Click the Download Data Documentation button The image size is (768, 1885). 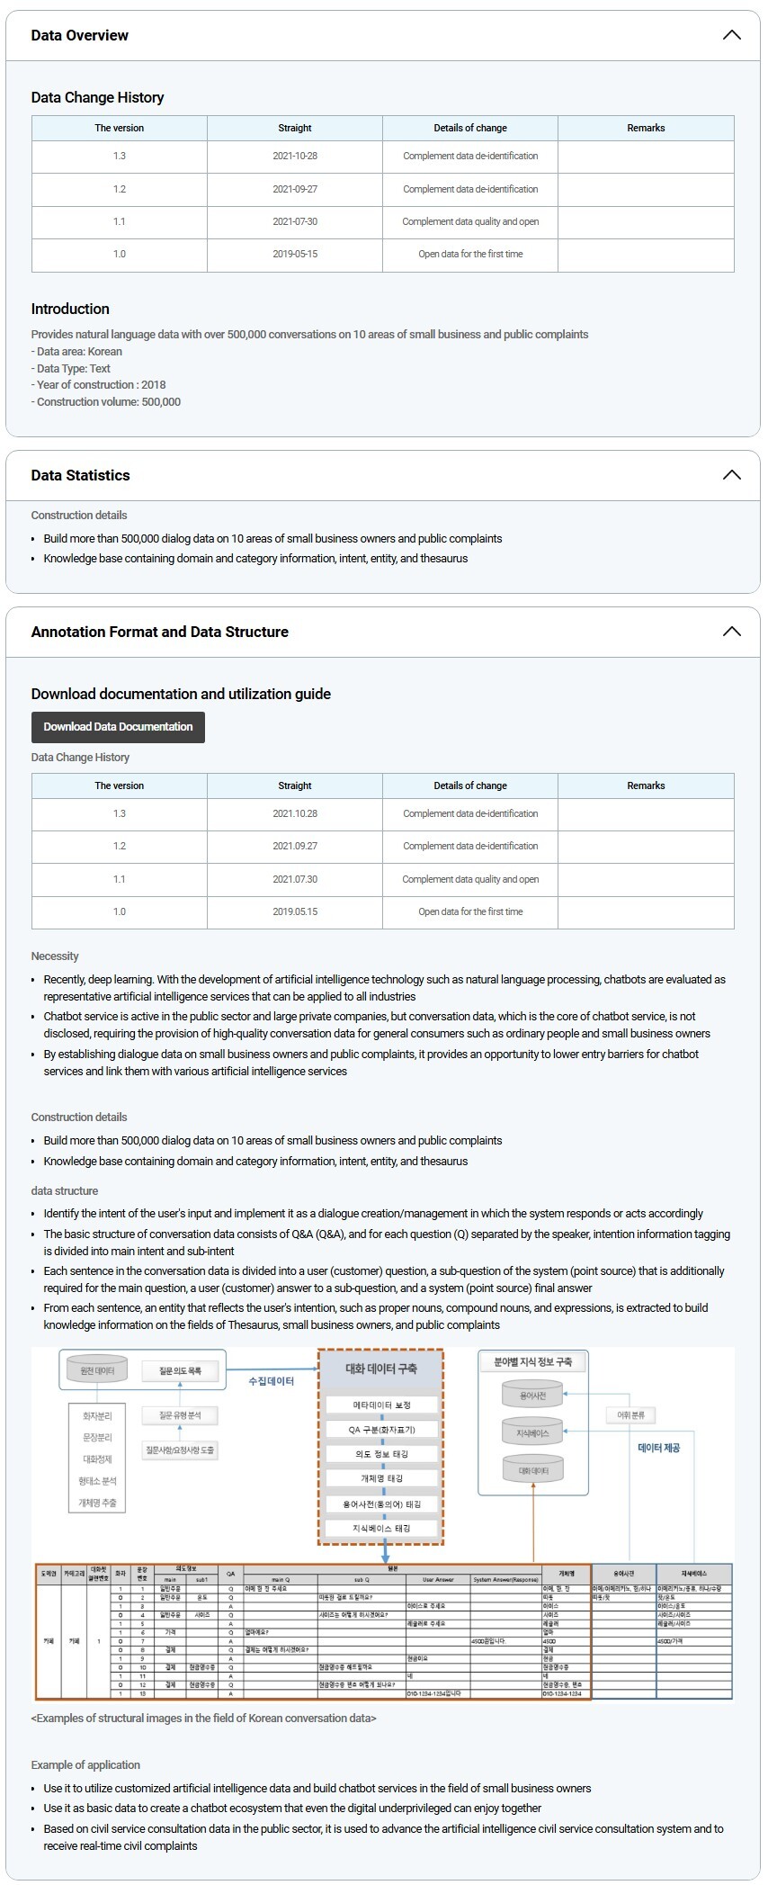118,727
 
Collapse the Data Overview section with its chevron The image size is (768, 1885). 731,35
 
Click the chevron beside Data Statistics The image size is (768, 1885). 731,475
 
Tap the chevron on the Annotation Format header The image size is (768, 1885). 731,632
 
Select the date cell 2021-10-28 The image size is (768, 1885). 295,157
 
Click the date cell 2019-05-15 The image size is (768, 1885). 295,255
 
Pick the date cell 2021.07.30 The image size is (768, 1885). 295,880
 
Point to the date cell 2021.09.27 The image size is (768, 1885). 295,847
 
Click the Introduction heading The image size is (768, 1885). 70,309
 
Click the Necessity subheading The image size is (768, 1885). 55,956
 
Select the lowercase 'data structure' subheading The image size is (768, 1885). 65,1191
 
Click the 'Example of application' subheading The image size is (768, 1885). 85,1764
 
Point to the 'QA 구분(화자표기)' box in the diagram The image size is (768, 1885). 381,1429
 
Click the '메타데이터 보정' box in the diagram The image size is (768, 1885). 381,1405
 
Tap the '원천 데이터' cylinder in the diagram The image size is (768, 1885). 97,1371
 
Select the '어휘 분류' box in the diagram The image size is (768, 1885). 630,1415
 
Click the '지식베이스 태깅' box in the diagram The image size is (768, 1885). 381,1528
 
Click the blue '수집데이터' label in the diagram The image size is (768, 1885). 272,1381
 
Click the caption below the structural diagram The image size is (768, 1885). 203,1719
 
